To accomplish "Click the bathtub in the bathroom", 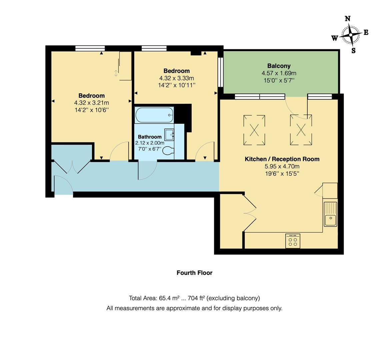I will (x=154, y=115).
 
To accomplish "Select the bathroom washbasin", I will (x=169, y=135).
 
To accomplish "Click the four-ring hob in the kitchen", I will (x=293, y=241).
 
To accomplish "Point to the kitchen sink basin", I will (x=330, y=220).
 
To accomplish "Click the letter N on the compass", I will (x=347, y=19).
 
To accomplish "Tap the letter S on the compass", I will (x=353, y=51).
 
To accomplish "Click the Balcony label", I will (x=279, y=66).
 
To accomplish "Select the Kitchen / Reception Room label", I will (x=282, y=159).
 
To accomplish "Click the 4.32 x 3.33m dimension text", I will (x=176, y=78).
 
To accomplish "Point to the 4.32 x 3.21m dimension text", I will (x=91, y=103).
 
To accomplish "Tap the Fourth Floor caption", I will (x=194, y=273).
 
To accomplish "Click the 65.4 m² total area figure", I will (x=169, y=298).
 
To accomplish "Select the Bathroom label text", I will (x=150, y=137).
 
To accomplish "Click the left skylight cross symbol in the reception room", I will (x=254, y=130).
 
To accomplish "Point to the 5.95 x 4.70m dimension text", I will (x=282, y=166).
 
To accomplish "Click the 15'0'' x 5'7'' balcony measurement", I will (x=279, y=80).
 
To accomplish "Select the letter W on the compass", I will (x=334, y=38).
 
